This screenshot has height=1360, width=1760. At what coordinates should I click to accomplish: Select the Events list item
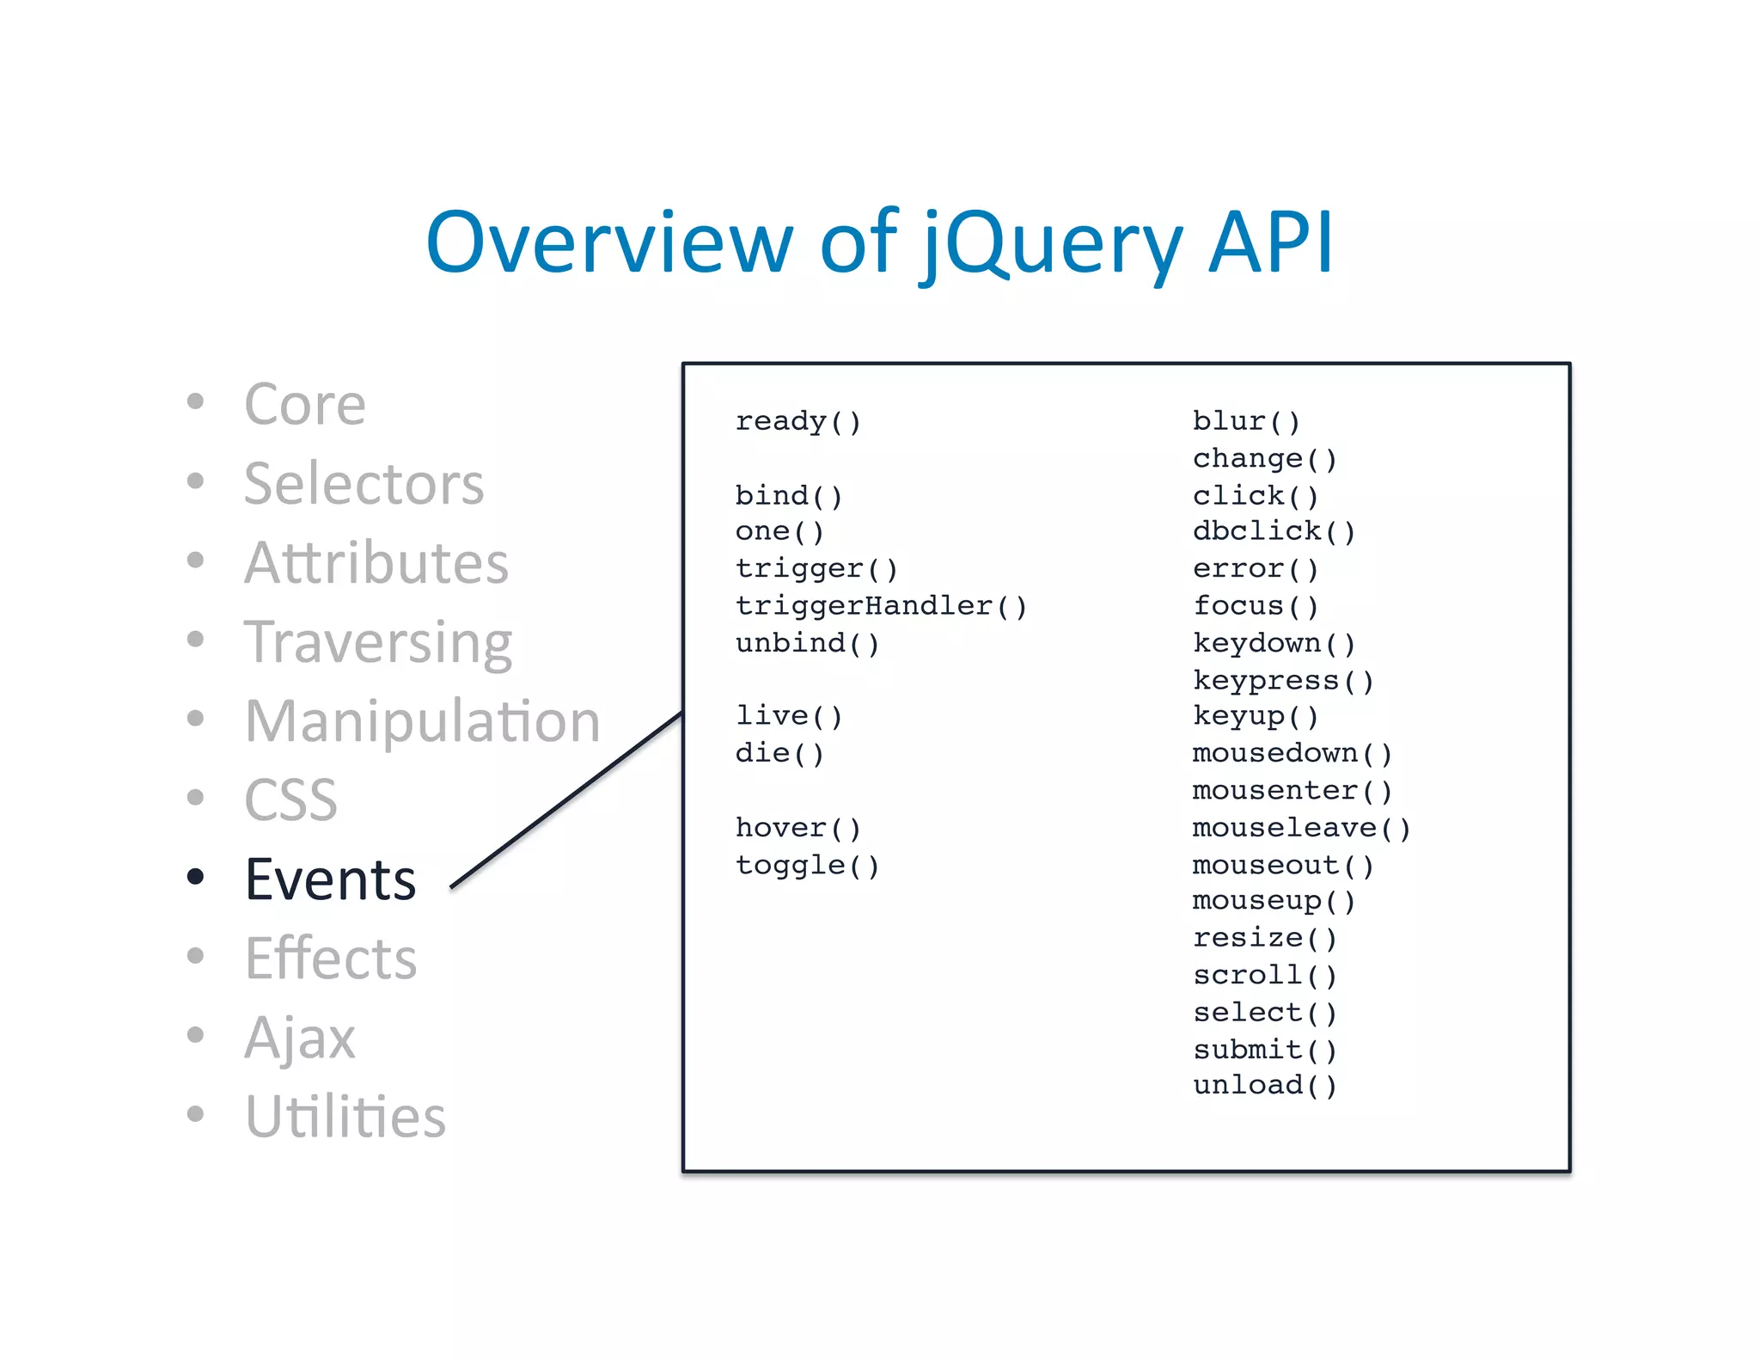pos(331,879)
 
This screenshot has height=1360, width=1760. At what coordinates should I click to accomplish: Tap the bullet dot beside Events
pos(196,877)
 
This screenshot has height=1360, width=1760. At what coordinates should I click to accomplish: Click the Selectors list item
pos(364,483)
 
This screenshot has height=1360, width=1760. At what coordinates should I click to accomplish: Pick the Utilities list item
pos(345,1117)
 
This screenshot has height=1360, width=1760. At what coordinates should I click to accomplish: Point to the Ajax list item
pos(299,1038)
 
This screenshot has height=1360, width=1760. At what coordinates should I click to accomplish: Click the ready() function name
pos(797,421)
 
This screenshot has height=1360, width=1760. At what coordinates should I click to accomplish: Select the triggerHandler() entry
pos(881,606)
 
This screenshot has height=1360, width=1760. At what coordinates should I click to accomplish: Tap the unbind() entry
pos(807,643)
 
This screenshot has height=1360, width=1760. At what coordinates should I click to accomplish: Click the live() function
pos(788,716)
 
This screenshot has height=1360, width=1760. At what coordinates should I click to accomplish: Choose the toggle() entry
pos(807,865)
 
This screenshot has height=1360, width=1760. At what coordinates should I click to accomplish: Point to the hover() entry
pos(797,828)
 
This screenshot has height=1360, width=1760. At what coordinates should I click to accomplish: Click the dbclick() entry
pos(1274,531)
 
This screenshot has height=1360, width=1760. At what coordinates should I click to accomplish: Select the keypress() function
pos(1283,680)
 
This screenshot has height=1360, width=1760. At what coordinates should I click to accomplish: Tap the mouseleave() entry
pos(1301,828)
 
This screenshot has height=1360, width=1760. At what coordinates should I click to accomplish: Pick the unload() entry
pos(1264,1085)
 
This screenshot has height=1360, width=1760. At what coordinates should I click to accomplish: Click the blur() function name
pos(1246,421)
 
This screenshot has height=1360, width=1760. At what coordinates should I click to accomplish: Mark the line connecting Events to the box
pos(567,799)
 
